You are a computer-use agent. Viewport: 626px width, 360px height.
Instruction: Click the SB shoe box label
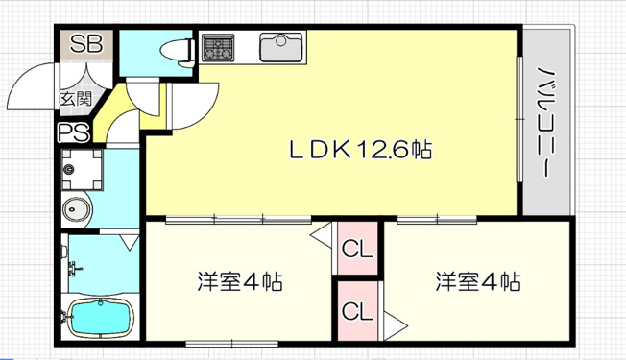pyautogui.click(x=86, y=44)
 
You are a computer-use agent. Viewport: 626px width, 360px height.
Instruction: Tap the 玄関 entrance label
pyautogui.click(x=76, y=99)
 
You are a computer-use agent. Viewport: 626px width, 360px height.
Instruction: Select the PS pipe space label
pyautogui.click(x=74, y=132)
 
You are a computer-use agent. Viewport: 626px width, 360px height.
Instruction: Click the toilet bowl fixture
pyautogui.click(x=177, y=52)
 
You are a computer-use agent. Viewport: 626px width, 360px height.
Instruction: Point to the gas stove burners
pyautogui.click(x=218, y=47)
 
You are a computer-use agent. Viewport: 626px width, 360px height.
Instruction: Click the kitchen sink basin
pyautogui.click(x=281, y=47)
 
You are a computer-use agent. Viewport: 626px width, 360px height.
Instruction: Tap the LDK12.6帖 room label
pyautogui.click(x=360, y=150)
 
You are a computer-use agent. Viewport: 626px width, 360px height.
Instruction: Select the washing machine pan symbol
pyautogui.click(x=83, y=169)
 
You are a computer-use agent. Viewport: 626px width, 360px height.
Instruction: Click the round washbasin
pyautogui.click(x=76, y=208)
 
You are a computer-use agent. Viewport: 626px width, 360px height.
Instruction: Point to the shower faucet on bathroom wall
pyautogui.click(x=74, y=268)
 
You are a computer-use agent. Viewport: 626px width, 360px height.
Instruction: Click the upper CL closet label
pyautogui.click(x=357, y=249)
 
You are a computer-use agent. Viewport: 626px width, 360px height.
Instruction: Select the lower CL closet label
pyautogui.click(x=357, y=310)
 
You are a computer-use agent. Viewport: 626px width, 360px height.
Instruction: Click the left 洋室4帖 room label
pyautogui.click(x=240, y=281)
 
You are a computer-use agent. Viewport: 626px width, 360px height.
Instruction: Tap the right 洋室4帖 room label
pyautogui.click(x=478, y=281)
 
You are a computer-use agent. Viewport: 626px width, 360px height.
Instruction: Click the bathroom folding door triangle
pyautogui.click(x=131, y=242)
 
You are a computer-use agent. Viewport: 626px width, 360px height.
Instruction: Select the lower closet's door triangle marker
pyautogui.click(x=395, y=325)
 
